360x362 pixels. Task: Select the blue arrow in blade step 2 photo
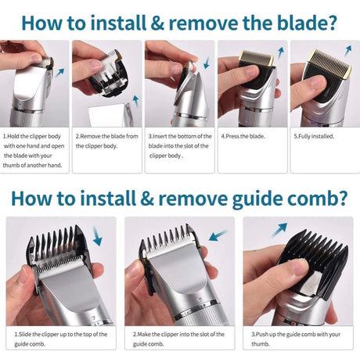click(135, 102)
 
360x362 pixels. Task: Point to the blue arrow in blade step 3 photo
click(206, 62)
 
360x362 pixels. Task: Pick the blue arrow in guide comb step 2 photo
click(218, 235)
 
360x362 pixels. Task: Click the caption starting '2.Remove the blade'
click(108, 140)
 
